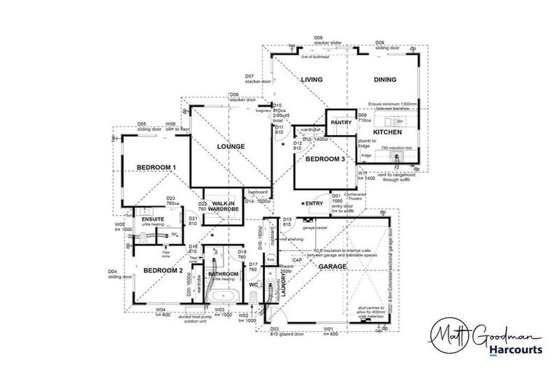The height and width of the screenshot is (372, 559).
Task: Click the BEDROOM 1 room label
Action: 156,168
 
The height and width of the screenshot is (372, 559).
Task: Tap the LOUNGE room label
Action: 230,147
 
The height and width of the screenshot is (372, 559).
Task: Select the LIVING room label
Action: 312,80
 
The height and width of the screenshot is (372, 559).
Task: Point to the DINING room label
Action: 385,80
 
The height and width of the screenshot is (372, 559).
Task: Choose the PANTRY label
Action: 341,123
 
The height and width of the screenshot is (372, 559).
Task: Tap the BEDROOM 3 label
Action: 325,158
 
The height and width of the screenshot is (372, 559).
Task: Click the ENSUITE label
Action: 152,218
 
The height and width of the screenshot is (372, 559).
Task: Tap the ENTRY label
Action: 314,203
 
